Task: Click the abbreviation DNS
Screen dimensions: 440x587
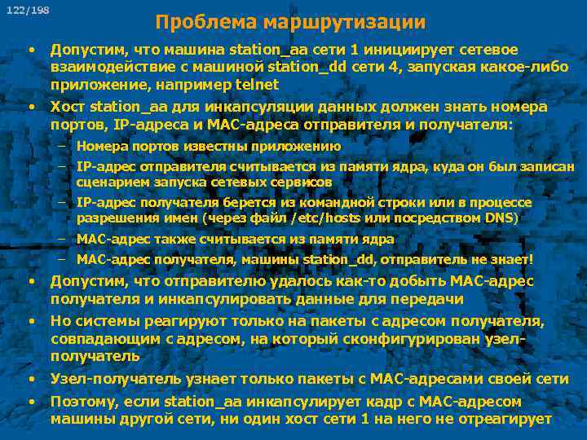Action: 501,218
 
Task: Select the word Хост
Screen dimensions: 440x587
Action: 68,107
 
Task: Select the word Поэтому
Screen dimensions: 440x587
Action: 81,401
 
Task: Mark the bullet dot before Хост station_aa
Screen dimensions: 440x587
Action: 31,107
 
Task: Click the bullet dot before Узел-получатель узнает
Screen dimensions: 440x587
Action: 31,379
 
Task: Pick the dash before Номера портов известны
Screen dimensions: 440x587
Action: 62,147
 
